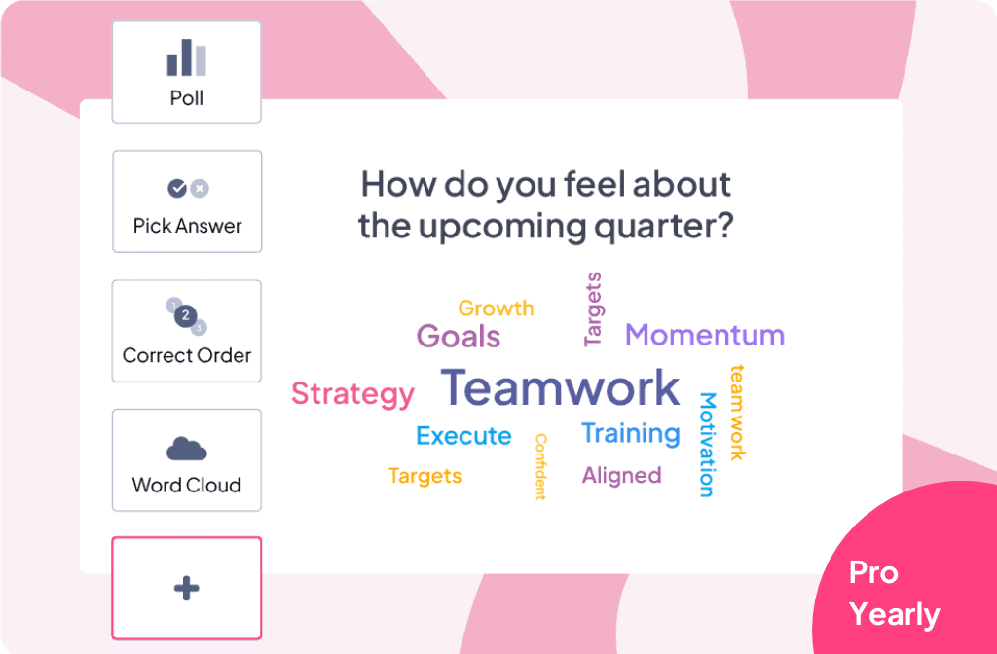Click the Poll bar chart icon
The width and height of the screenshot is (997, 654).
click(x=186, y=57)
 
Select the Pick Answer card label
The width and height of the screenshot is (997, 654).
click(x=188, y=226)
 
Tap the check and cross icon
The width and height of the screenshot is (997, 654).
click(x=188, y=188)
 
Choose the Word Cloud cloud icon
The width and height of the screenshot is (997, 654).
click(x=186, y=449)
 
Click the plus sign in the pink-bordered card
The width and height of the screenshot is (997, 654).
click(x=186, y=588)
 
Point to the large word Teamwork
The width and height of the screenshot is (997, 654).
click(x=560, y=387)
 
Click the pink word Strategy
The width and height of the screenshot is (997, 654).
click(x=352, y=395)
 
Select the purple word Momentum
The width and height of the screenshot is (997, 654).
click(x=705, y=335)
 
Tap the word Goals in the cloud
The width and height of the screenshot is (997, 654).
click(x=459, y=336)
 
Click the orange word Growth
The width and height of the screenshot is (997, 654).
click(x=496, y=309)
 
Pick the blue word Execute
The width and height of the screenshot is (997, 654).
click(x=463, y=436)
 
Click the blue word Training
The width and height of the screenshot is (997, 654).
click(x=631, y=434)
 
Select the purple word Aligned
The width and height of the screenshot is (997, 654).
click(x=622, y=475)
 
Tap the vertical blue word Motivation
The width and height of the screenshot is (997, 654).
click(x=708, y=444)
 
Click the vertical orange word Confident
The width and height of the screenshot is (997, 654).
click(x=540, y=467)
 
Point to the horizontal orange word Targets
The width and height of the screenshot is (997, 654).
click(x=425, y=476)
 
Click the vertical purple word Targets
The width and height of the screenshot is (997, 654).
click(x=593, y=309)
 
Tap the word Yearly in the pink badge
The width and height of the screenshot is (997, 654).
click(x=895, y=615)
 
